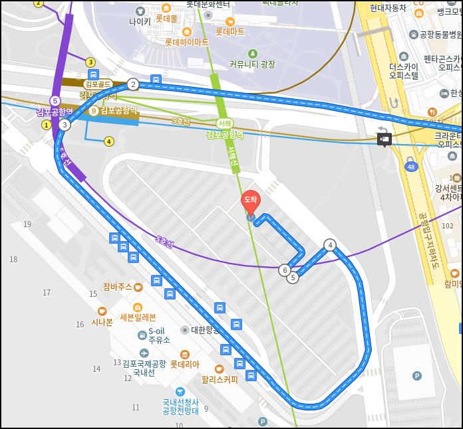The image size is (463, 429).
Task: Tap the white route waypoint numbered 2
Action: (x=133, y=84)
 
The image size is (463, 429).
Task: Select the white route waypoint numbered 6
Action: (x=285, y=270)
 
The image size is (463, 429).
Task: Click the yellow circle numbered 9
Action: (x=94, y=111)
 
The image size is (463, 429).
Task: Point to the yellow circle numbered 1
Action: (x=47, y=124)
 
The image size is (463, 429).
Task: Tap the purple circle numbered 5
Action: (x=55, y=101)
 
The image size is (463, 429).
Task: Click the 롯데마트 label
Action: (x=230, y=31)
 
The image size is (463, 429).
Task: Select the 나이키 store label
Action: (x=140, y=21)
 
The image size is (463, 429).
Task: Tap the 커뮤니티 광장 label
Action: (x=252, y=64)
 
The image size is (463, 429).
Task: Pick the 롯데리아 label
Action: (x=184, y=364)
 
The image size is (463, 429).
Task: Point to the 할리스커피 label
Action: (x=220, y=380)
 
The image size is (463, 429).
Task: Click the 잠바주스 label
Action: (x=117, y=287)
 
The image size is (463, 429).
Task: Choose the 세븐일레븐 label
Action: (x=137, y=317)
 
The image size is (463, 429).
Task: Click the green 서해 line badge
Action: (x=225, y=123)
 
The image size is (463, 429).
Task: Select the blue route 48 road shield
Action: (x=411, y=167)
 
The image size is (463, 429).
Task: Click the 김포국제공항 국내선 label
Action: (x=144, y=368)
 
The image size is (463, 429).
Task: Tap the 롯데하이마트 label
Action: (x=186, y=42)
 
